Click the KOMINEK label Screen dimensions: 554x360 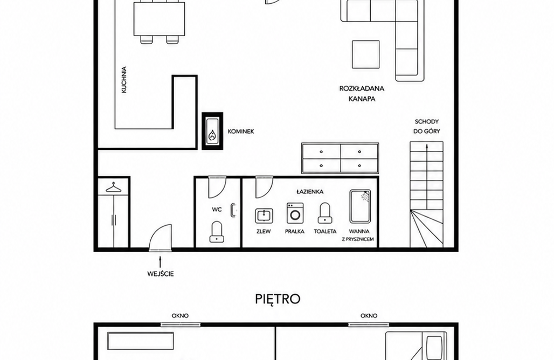click(240, 131)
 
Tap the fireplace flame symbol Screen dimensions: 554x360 click(212, 135)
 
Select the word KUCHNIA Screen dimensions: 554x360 click(124, 80)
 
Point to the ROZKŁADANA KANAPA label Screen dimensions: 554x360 click(362, 94)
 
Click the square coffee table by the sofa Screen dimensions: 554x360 click(366, 54)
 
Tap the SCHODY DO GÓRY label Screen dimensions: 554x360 click(426, 126)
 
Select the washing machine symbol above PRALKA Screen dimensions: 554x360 click(295, 213)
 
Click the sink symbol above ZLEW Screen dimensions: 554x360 click(264, 216)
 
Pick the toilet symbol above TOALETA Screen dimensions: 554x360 click(325, 213)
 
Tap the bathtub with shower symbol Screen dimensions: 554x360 click(360, 206)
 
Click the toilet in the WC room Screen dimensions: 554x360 click(217, 232)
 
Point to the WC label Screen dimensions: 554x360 click(217, 210)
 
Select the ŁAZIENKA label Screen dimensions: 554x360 click(310, 192)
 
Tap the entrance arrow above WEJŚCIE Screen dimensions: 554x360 click(160, 262)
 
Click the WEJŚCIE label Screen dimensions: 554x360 click(161, 274)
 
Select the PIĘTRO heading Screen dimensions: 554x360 click(278, 299)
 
